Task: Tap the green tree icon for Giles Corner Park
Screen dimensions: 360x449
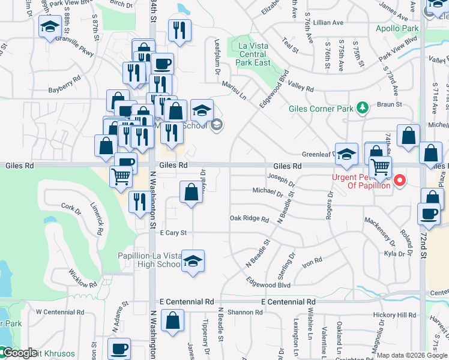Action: [x=362, y=107]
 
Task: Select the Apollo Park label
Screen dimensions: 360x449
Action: [x=397, y=28]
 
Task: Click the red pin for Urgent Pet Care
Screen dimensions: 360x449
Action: [x=397, y=179]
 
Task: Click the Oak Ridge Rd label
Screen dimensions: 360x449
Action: [x=249, y=218]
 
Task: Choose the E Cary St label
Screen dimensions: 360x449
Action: [x=173, y=233]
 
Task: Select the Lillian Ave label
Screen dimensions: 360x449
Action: [x=328, y=22]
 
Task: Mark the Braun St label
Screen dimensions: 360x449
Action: [x=390, y=104]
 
